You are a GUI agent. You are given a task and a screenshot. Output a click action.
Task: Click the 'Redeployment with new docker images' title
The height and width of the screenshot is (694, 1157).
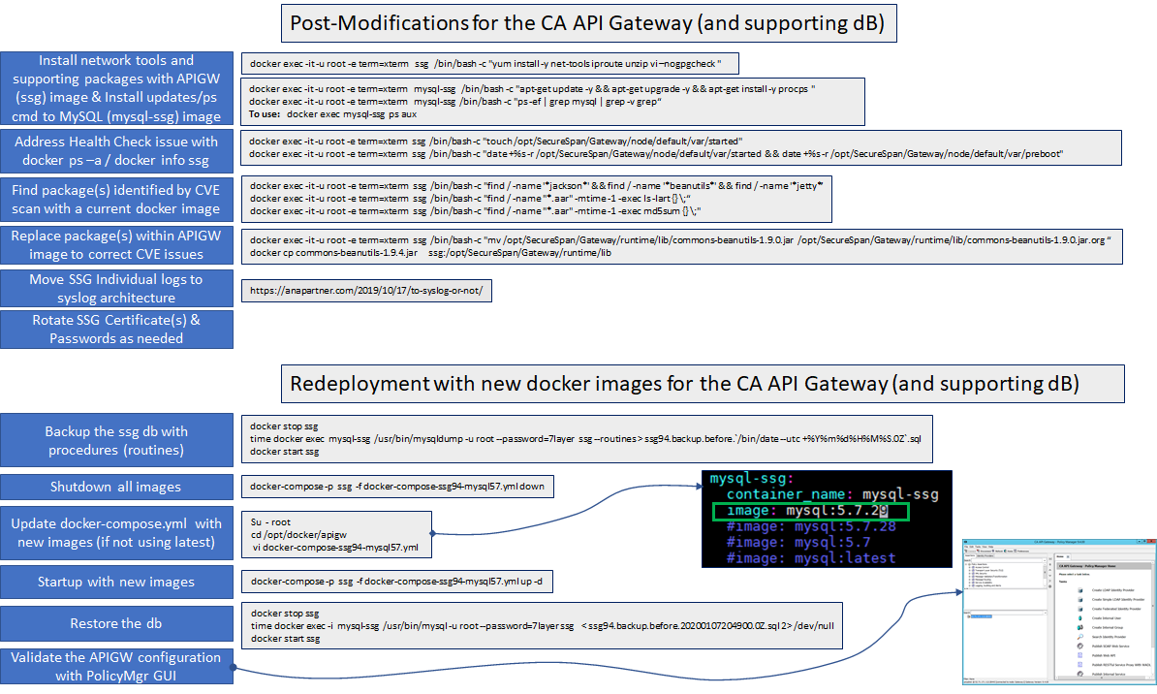[684, 384]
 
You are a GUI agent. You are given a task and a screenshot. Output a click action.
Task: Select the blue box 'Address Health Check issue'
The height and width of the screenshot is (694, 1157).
[116, 150]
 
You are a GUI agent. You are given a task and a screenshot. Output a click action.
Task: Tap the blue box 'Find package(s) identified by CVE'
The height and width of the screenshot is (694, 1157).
[116, 199]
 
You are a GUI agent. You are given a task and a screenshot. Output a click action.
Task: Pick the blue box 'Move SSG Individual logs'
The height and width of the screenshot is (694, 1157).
[116, 288]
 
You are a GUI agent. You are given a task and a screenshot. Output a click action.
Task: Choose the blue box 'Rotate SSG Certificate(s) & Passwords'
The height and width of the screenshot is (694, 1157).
[116, 329]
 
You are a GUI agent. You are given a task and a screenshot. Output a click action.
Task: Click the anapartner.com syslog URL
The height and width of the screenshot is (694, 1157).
[366, 290]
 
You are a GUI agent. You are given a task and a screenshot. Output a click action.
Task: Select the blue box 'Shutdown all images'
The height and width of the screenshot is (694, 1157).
[116, 487]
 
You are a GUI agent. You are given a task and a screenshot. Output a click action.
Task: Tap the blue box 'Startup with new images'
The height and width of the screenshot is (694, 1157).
[116, 582]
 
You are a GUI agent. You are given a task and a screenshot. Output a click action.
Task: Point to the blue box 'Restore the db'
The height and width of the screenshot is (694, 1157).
[116, 623]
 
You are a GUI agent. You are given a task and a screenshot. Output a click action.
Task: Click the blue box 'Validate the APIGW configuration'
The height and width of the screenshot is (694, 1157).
[116, 666]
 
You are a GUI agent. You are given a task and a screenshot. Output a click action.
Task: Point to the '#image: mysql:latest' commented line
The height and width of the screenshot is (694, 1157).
[810, 557]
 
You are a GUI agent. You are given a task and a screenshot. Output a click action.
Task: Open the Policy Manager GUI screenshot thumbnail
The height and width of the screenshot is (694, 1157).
[1057, 611]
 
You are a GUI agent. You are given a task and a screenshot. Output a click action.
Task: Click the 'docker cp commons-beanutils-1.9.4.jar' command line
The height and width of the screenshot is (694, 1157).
[430, 252]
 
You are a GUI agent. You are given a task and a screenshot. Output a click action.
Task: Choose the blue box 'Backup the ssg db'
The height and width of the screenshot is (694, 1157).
[116, 440]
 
